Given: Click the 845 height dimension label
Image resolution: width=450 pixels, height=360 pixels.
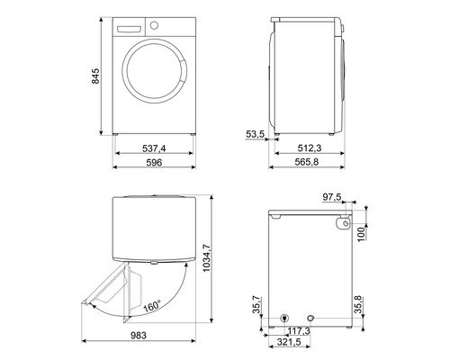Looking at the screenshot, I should [85, 77].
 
